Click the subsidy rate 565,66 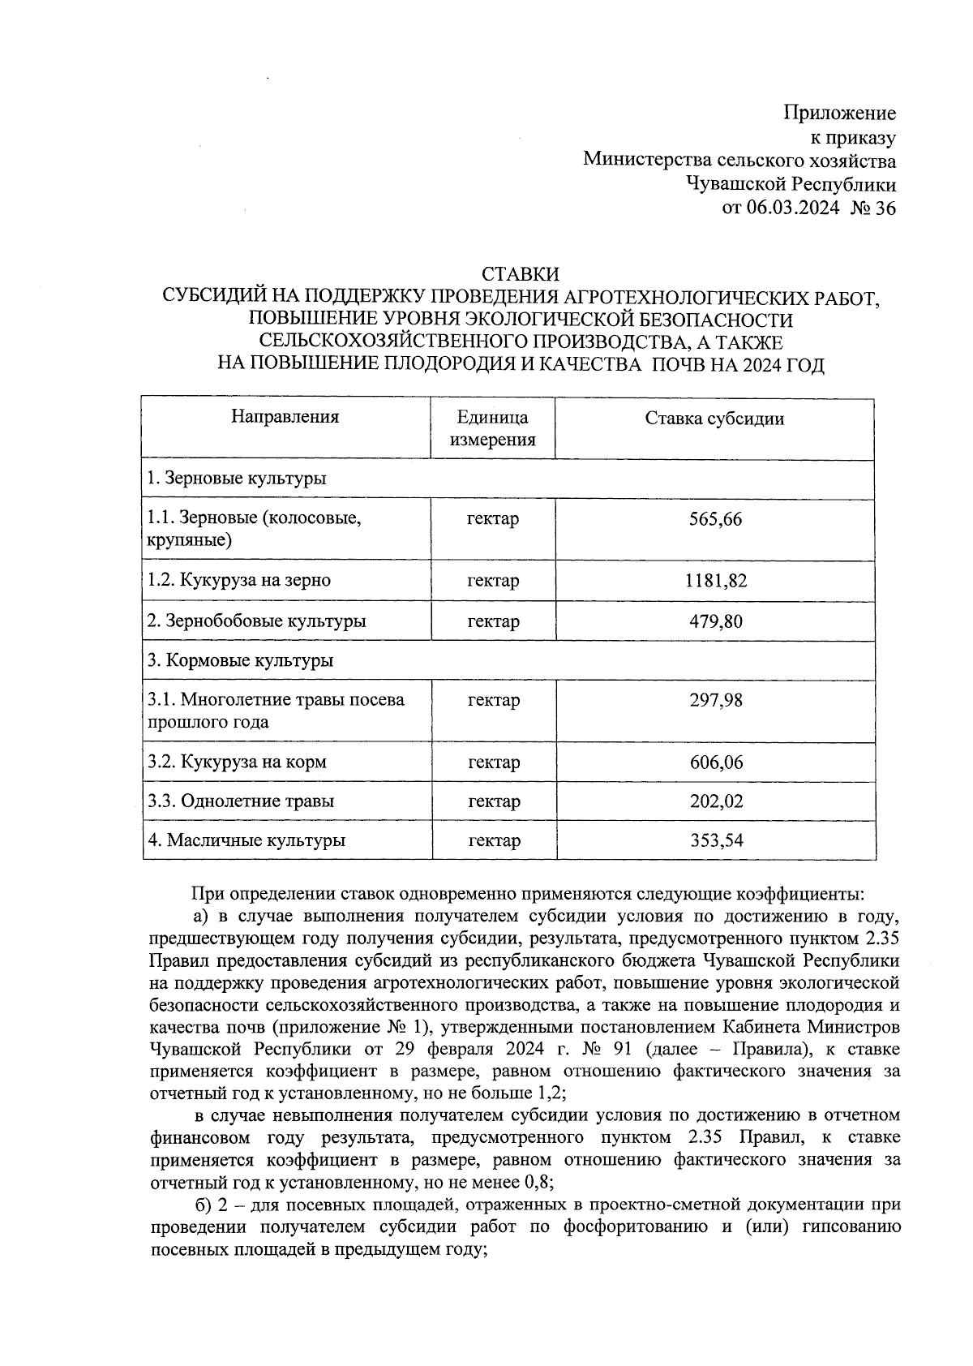715,519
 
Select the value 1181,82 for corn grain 715,581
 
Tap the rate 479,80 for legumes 715,621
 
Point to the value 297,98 715,700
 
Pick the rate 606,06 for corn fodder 715,762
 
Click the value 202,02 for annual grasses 715,801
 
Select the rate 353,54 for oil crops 715,840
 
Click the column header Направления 285,417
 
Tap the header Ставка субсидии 714,419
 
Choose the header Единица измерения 493,428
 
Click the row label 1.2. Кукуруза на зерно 239,581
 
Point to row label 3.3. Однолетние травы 241,801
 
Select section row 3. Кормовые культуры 240,660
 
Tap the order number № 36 873,208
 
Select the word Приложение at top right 839,114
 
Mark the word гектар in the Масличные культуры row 493,840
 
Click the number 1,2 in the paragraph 551,1093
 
